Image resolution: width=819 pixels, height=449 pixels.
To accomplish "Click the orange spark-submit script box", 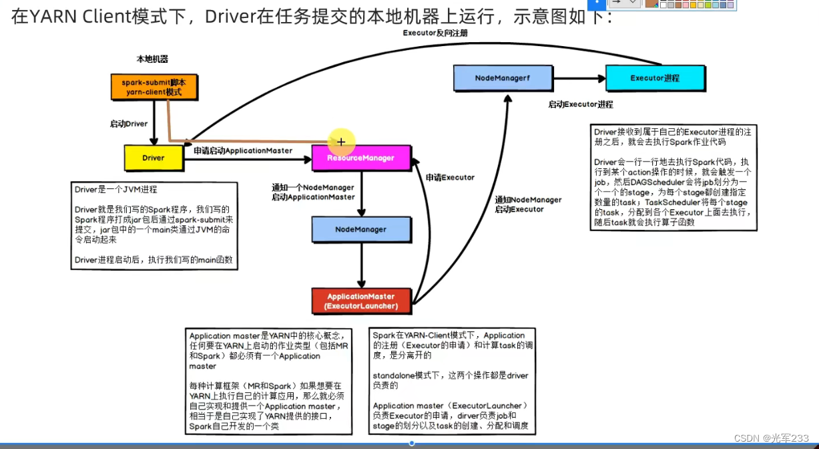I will (154, 87).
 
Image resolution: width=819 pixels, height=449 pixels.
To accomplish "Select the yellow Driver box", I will (153, 158).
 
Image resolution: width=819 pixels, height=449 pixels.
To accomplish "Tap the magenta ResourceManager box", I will (360, 158).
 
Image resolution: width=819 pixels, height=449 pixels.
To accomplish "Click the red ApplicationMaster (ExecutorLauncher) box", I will (360, 301).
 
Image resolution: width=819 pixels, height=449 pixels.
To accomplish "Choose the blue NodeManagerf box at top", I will (503, 78).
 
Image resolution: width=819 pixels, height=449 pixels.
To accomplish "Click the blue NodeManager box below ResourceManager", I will (360, 229).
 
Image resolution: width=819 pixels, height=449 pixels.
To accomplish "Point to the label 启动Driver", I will (129, 124).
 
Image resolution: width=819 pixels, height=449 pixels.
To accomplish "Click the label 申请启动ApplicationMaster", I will (243, 151).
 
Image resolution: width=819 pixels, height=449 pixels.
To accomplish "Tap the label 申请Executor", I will (450, 178).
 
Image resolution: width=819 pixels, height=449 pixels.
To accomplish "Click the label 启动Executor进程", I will (580, 105).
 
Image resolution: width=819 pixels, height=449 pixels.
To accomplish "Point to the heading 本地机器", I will (152, 59).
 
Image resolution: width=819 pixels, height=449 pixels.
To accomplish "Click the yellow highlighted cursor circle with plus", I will (341, 142).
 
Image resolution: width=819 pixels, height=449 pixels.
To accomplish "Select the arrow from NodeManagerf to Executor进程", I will (579, 78).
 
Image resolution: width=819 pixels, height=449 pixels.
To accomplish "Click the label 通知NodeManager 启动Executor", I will (528, 204).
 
